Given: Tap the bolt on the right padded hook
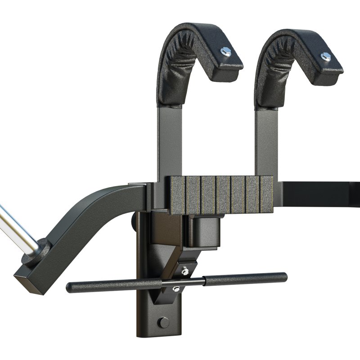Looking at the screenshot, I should pyautogui.click(x=325, y=56).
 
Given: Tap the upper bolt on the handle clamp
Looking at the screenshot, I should pyautogui.click(x=184, y=271).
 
